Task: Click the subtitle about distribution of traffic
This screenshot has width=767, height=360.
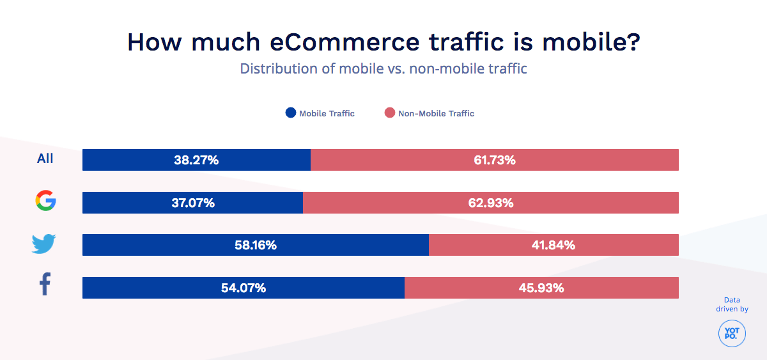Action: (x=383, y=68)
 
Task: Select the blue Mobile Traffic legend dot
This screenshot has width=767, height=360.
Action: (x=291, y=113)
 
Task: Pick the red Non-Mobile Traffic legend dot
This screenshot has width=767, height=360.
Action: (x=389, y=113)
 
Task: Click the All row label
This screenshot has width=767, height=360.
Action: (x=45, y=159)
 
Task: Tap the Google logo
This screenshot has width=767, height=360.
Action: (x=45, y=201)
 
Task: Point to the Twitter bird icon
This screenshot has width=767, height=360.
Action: (x=44, y=244)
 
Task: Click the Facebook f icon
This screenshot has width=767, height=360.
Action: (x=45, y=285)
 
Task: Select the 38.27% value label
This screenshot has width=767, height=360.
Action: (x=196, y=160)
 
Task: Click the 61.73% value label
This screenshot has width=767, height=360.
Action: (x=495, y=160)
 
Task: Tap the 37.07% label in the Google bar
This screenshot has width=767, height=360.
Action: (x=192, y=203)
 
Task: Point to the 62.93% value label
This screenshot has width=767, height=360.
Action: (x=491, y=203)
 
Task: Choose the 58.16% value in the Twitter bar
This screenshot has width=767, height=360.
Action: (x=255, y=245)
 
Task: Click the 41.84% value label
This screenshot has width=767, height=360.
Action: (x=554, y=245)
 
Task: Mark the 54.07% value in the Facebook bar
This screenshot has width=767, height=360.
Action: (x=244, y=288)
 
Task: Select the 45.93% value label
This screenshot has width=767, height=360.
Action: (x=541, y=288)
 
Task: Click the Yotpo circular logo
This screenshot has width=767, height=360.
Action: (x=731, y=334)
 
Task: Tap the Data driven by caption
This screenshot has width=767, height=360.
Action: (x=732, y=304)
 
